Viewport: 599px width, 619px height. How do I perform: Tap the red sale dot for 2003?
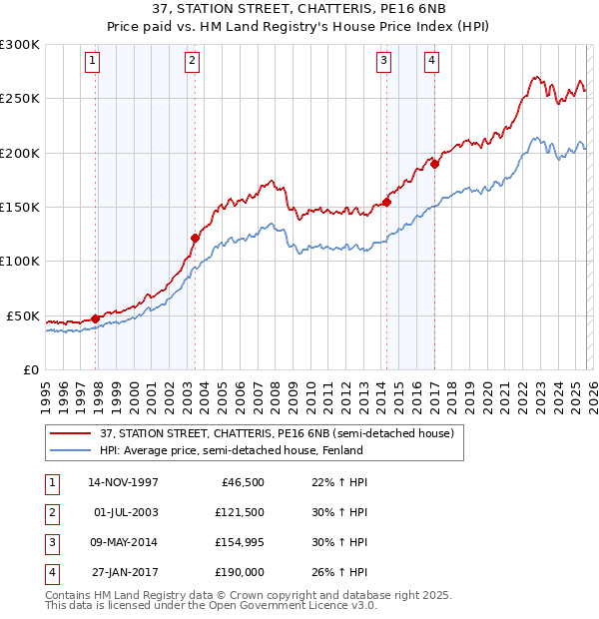[x=195, y=238]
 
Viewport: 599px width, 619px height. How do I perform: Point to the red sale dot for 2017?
[x=435, y=165]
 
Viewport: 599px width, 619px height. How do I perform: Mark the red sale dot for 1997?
[x=96, y=318]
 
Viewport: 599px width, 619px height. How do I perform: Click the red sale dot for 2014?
[x=386, y=202]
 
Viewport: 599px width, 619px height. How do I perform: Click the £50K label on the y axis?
[x=23, y=315]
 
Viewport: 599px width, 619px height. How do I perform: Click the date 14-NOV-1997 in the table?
[x=123, y=482]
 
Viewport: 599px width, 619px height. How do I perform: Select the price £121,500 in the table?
[x=240, y=512]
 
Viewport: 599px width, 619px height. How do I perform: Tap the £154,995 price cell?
[x=240, y=542]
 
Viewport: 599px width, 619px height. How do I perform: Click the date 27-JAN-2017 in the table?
[x=123, y=572]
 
